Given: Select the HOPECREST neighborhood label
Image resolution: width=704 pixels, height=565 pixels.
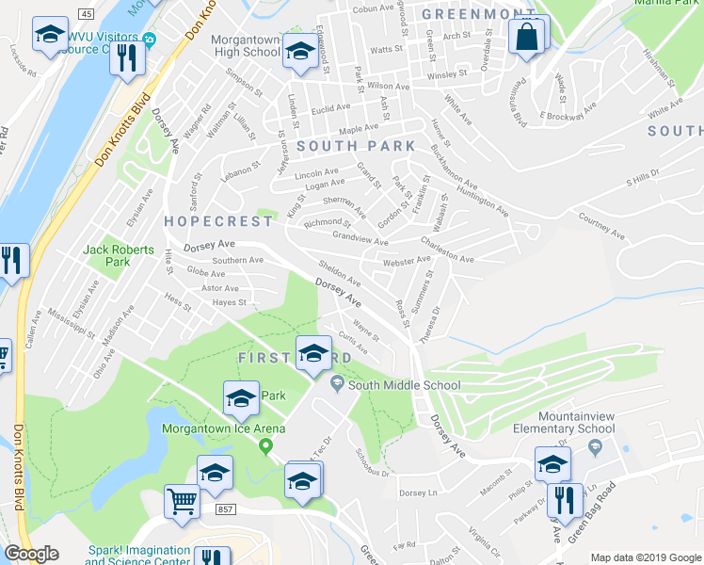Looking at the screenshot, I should point(217,220).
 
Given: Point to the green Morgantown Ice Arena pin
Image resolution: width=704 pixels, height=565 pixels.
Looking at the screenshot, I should point(265,445).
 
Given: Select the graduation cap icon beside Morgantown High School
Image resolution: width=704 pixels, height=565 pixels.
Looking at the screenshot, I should point(300,53).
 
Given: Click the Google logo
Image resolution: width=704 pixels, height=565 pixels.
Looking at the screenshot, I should point(31,554).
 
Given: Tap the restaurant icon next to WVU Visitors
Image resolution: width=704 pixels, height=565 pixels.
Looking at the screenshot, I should point(126,58).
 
